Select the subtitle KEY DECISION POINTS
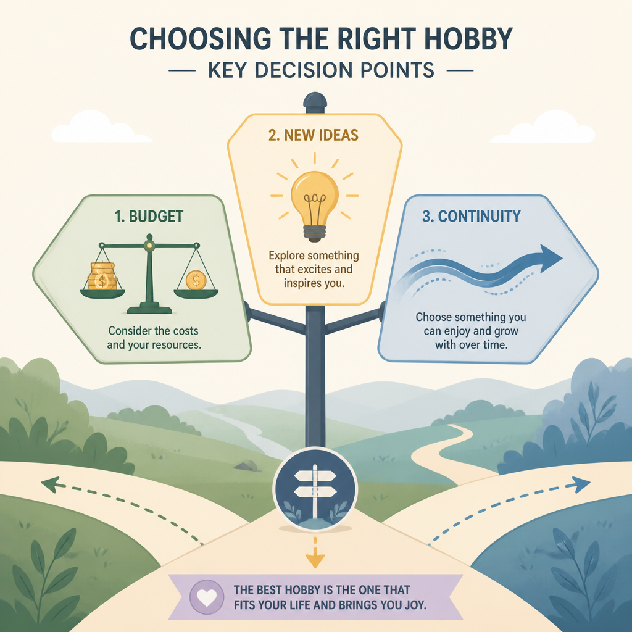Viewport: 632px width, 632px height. (321, 70)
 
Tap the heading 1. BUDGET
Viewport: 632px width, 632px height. (149, 217)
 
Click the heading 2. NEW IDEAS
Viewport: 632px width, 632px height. (313, 135)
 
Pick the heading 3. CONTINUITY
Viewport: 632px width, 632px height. (471, 217)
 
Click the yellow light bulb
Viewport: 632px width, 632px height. (314, 206)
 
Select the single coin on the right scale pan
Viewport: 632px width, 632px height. (196, 280)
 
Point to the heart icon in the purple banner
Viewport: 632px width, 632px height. (207, 597)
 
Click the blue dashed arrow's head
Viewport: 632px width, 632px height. (581, 484)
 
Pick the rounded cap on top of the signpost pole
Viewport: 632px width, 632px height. (315, 102)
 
